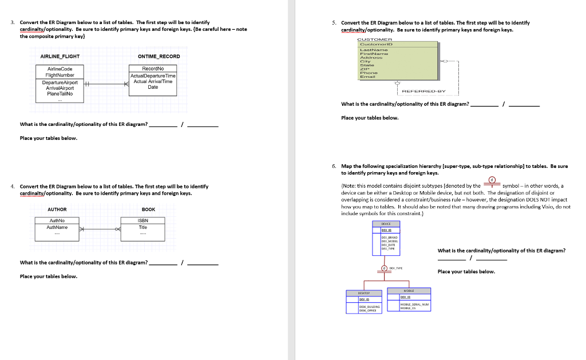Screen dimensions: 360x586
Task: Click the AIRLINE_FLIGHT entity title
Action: [60, 56]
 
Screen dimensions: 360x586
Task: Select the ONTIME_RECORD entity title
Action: [159, 56]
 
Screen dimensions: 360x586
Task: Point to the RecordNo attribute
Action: [153, 69]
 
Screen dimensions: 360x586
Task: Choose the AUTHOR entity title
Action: [57, 209]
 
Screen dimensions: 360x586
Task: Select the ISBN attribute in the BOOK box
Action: [143, 220]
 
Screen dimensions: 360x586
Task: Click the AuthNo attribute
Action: [57, 220]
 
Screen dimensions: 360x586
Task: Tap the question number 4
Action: [13, 187]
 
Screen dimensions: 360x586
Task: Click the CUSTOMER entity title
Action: [374, 39]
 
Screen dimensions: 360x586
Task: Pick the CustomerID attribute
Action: [374, 45]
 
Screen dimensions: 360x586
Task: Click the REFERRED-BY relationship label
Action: [423, 91]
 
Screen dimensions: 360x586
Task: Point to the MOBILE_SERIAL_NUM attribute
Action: [414, 304]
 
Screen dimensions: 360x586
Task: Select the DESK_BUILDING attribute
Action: [368, 307]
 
